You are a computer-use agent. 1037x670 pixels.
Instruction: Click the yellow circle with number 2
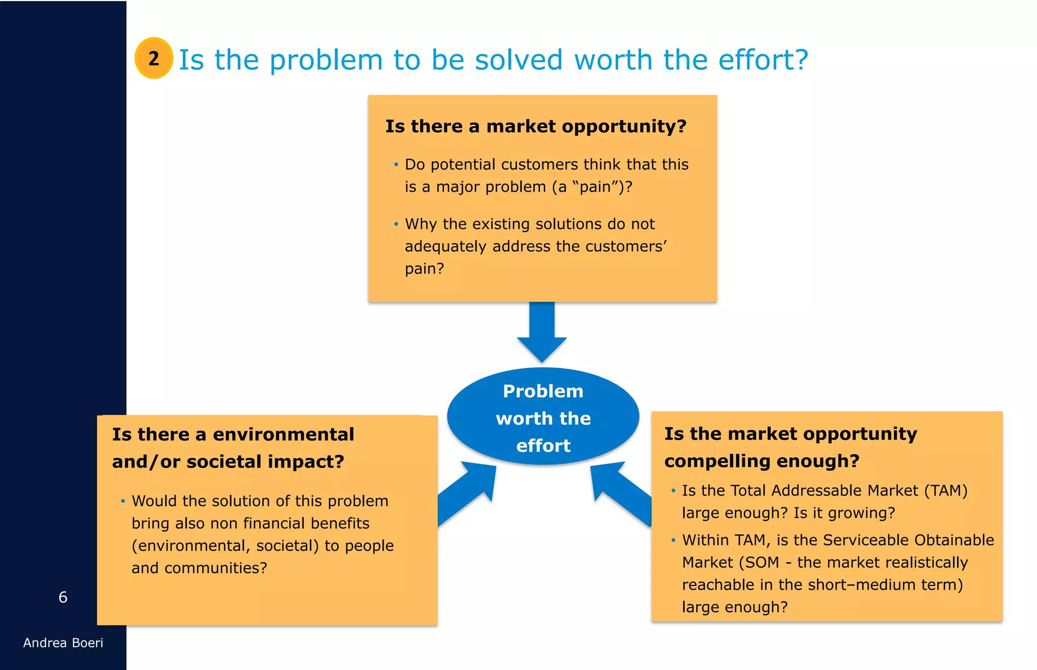(x=154, y=58)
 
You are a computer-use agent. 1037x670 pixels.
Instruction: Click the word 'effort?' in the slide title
(x=763, y=60)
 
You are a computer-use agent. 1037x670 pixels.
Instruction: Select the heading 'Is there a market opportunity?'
(x=536, y=126)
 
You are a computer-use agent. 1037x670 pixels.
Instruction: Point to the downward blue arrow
(x=542, y=332)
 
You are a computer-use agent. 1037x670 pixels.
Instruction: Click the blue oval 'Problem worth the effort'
(x=543, y=417)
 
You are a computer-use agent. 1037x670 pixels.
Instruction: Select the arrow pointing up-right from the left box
(x=468, y=493)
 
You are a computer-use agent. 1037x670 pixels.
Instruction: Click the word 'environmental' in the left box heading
(x=283, y=435)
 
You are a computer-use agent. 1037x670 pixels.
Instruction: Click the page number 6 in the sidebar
(x=63, y=598)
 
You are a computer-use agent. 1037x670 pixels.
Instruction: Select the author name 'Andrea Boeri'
(x=63, y=643)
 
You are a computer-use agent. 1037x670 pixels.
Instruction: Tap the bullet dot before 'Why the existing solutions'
(x=396, y=224)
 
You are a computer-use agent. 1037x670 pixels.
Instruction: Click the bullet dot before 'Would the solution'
(x=123, y=501)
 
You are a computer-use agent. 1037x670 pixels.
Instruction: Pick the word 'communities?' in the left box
(x=216, y=568)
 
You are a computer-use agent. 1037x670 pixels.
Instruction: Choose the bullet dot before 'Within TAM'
(x=673, y=540)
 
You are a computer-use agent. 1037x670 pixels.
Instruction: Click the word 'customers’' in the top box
(x=625, y=247)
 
